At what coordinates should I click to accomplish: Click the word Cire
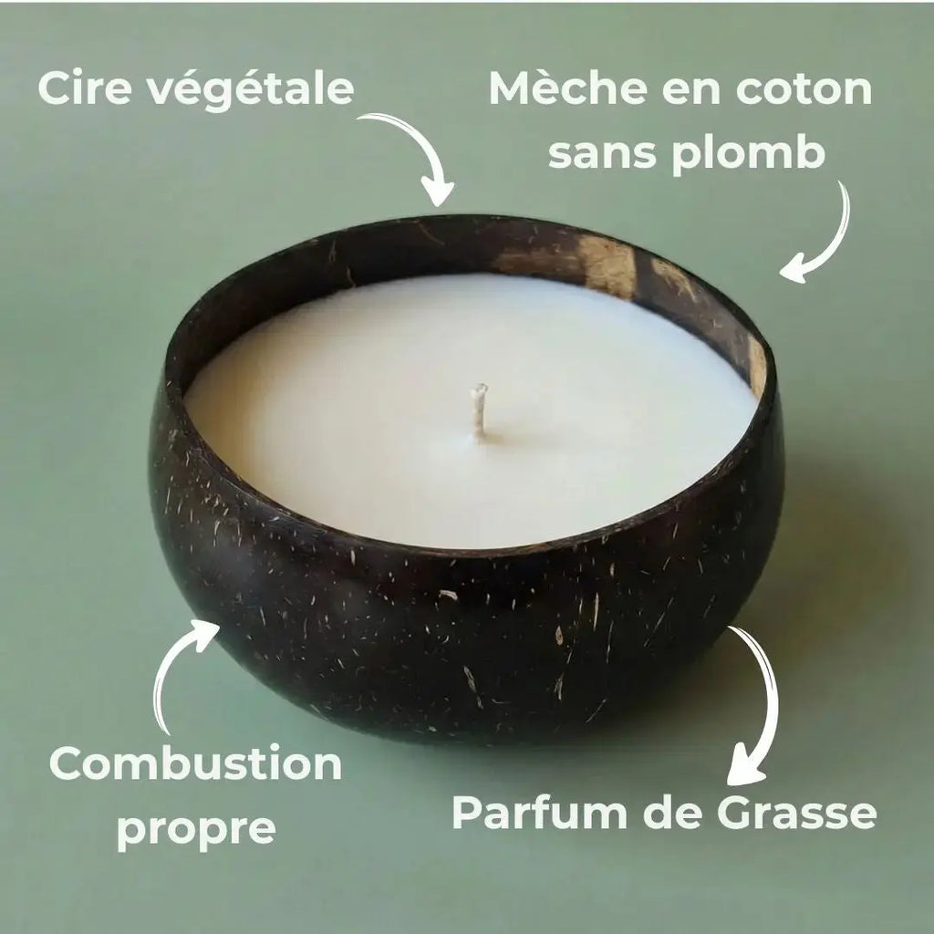click(85, 88)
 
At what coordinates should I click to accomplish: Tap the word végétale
click(250, 90)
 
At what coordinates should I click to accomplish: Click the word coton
click(804, 88)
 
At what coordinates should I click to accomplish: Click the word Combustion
click(196, 763)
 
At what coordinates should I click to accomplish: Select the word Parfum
click(539, 812)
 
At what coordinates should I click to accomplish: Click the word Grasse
click(796, 813)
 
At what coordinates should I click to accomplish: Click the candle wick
click(479, 412)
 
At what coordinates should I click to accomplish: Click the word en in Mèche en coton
click(691, 92)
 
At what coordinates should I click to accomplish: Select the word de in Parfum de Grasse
click(671, 812)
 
